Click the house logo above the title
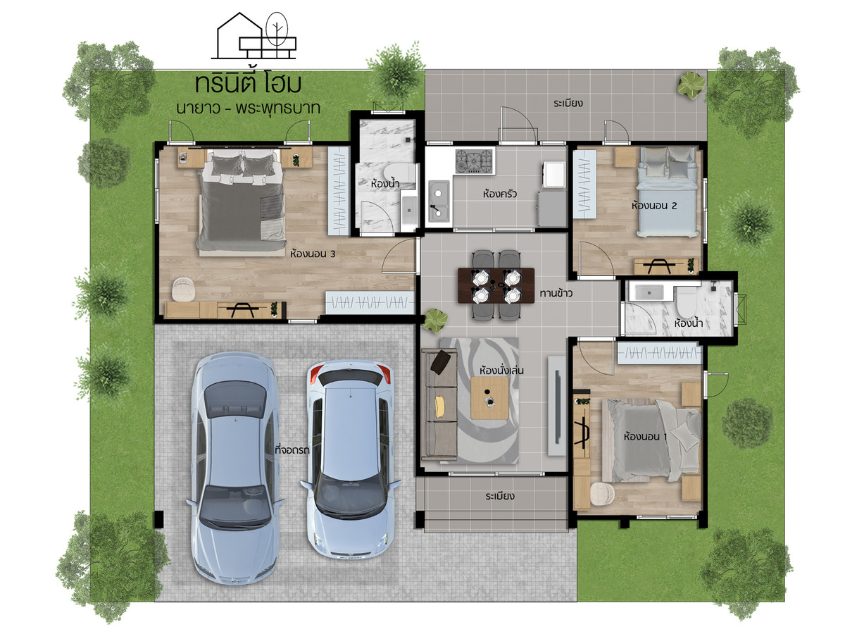tap(254, 36)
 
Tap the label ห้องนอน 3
tap(313, 254)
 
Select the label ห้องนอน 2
tap(653, 206)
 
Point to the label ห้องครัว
tap(499, 194)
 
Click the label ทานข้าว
tap(556, 293)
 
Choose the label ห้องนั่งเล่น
tap(501, 371)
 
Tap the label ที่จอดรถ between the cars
tap(292, 450)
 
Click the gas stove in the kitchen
tap(474, 161)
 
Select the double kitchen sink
tap(439, 201)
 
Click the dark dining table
tap(496, 285)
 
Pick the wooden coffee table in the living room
tap(489, 397)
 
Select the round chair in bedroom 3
tap(184, 289)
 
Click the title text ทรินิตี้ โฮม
tap(248, 84)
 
